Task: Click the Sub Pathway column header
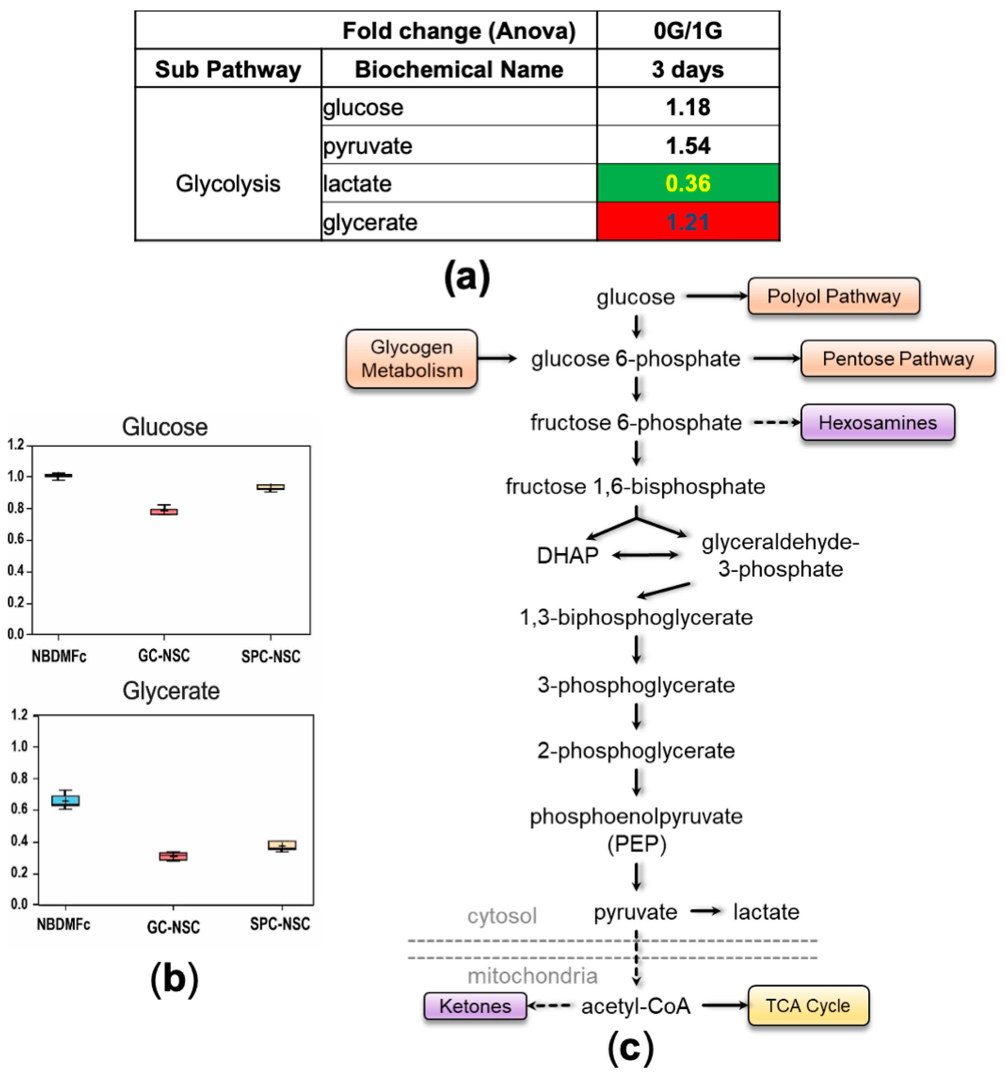point(228,69)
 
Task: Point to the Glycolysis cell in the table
point(228,184)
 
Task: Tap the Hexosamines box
point(877,422)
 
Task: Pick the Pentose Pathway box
point(897,359)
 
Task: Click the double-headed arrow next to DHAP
point(645,555)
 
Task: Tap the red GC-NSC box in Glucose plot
point(164,511)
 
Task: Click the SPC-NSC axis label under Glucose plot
point(270,656)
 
